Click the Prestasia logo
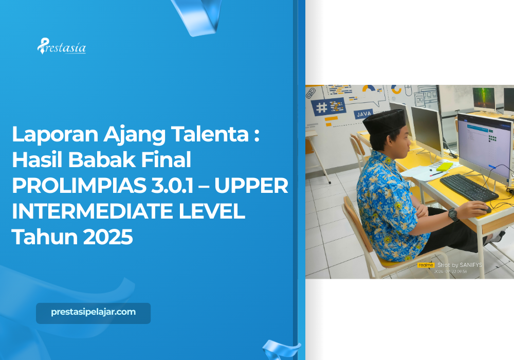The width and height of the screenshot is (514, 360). click(x=62, y=47)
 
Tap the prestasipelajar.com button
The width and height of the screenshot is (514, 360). click(x=93, y=313)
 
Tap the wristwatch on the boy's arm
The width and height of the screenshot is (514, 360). click(x=453, y=214)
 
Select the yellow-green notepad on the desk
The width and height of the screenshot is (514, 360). click(x=444, y=166)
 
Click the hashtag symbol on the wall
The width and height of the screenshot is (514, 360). click(x=322, y=107)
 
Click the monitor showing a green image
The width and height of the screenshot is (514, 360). click(x=484, y=99)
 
